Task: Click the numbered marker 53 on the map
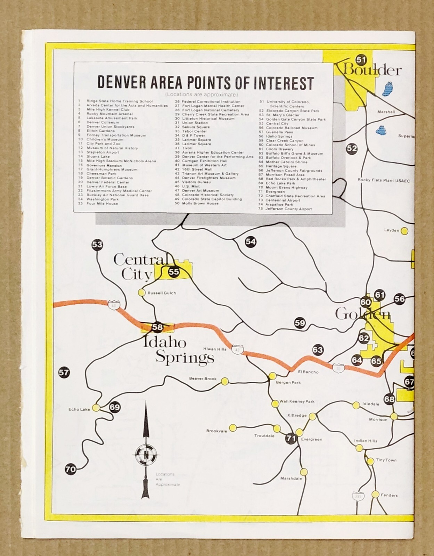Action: [x=97, y=245]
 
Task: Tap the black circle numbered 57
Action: [x=64, y=373]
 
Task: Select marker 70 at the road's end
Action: [x=71, y=469]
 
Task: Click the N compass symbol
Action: [x=146, y=454]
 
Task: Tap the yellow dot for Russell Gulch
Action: [x=141, y=293]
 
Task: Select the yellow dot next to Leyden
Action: [x=404, y=230]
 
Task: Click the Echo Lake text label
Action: [x=79, y=409]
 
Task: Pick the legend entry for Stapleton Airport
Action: [x=103, y=152]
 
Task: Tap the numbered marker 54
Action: [x=251, y=242]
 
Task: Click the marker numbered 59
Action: [x=300, y=323]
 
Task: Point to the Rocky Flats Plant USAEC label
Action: [x=384, y=180]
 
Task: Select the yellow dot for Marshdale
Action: [x=304, y=472]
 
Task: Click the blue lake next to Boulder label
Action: [x=387, y=88]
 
